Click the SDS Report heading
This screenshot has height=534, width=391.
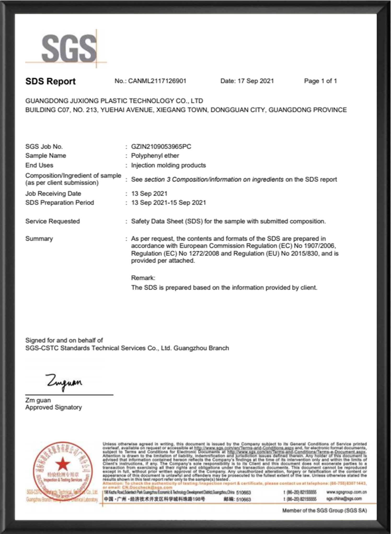pos(50,81)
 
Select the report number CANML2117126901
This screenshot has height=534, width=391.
pos(157,81)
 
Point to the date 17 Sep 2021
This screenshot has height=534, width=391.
pos(255,81)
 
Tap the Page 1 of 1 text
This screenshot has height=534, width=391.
pos(320,81)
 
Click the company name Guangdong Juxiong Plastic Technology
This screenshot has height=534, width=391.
pos(114,101)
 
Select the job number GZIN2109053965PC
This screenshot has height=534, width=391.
pos(161,147)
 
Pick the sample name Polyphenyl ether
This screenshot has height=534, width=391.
pos(155,156)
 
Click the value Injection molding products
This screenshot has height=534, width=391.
pos(168,165)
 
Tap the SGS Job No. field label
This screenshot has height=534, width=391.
pos(44,147)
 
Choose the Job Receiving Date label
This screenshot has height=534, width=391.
pos(53,194)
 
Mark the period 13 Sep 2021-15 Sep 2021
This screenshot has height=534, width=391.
pos(169,203)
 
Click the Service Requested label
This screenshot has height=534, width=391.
pos(53,221)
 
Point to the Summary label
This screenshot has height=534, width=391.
pos(39,239)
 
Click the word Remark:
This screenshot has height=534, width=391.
pos(143,278)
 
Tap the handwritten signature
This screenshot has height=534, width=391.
pos(64,382)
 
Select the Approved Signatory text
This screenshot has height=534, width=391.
pos(54,407)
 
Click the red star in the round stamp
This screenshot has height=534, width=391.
pos(63,464)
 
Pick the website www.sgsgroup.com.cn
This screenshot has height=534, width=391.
pos(346,492)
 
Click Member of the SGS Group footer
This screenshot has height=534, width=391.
pos(324,510)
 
